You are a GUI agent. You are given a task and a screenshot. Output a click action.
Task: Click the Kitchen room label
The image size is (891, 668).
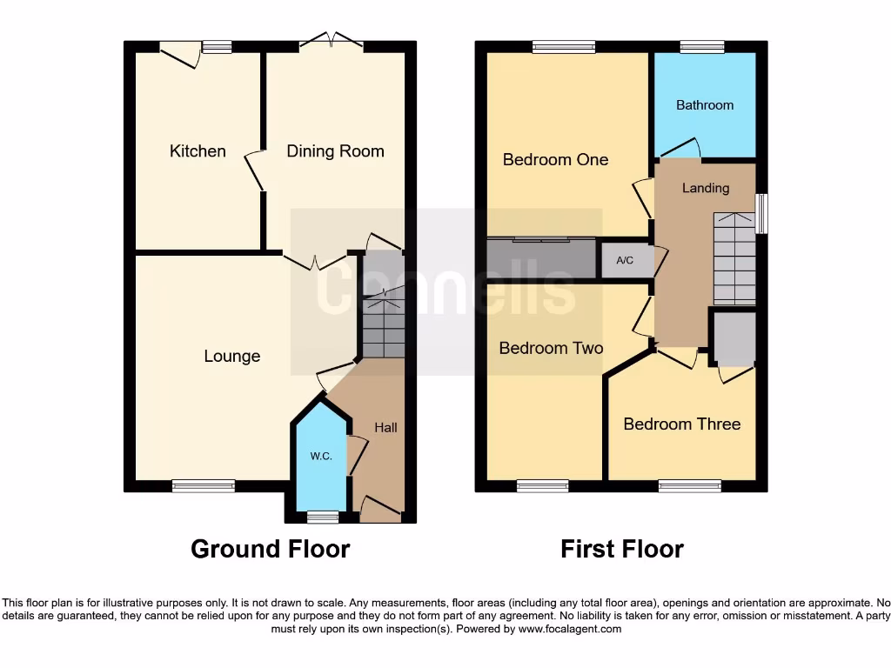point(198,151)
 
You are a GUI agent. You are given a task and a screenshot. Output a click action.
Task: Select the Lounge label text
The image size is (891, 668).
point(232,356)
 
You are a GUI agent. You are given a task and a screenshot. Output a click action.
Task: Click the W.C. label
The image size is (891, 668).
point(321,457)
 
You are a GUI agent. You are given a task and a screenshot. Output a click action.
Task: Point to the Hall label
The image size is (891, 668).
point(385,428)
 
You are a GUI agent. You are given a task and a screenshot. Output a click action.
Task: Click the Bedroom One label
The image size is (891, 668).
point(555,160)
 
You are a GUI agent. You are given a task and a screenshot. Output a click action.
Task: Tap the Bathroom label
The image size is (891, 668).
point(705,105)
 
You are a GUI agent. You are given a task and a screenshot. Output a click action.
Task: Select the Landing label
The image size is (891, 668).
point(706,188)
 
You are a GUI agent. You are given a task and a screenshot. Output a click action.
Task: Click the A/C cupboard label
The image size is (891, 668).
point(625,261)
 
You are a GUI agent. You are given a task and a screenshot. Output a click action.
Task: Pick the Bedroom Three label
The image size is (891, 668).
point(682,424)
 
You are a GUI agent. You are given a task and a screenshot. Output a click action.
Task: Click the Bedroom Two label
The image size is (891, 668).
point(551,349)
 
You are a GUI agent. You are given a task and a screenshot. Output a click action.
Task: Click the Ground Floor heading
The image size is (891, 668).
point(270,550)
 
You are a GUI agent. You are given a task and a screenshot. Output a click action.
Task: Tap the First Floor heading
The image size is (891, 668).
point(622,550)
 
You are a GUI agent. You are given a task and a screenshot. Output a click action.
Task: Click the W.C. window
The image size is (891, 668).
point(323,518)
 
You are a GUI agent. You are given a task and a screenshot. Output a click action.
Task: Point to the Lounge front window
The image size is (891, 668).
point(204,486)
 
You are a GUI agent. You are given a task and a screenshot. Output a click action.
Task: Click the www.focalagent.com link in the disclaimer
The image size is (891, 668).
point(571,629)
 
